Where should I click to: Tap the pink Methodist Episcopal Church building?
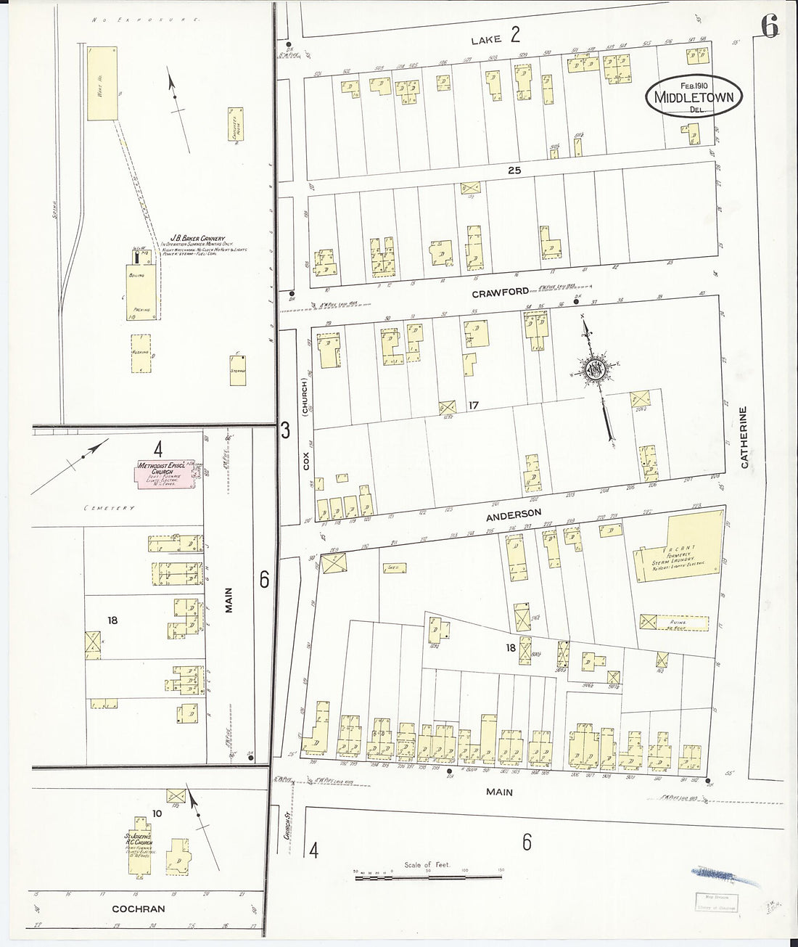point(166,473)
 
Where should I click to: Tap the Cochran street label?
point(138,909)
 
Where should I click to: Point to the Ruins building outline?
point(673,622)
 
